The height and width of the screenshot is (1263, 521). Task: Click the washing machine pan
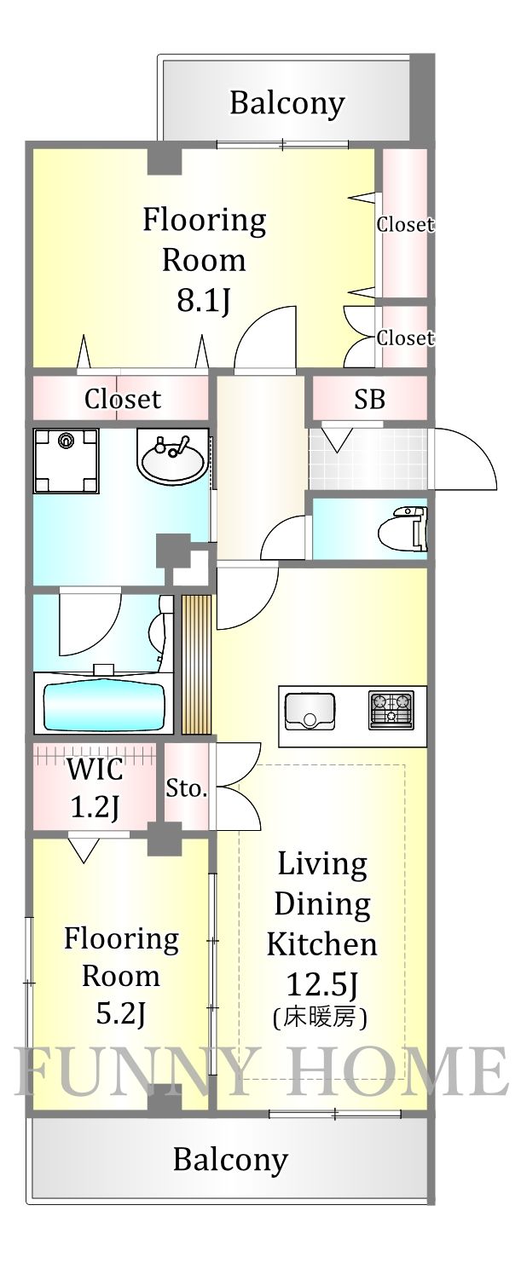point(66,460)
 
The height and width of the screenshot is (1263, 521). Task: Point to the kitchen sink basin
point(310,711)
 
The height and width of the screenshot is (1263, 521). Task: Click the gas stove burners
point(391,709)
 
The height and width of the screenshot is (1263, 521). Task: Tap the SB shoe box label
point(369,398)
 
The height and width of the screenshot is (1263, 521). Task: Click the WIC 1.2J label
point(95,787)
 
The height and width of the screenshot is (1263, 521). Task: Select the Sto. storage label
point(187,788)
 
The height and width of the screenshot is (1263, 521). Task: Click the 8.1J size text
point(204,300)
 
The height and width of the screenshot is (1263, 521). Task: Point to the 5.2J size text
point(121,1013)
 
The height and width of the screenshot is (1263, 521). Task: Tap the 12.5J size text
point(321,985)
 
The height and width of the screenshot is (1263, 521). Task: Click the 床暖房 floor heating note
point(321,1017)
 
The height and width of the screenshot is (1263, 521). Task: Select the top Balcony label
point(287,103)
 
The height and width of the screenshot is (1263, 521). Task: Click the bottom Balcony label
point(230,1160)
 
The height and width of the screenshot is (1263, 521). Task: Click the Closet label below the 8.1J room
point(122,398)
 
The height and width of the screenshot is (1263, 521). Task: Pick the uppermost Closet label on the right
point(405,224)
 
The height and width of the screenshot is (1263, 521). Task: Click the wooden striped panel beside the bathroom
point(196,664)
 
